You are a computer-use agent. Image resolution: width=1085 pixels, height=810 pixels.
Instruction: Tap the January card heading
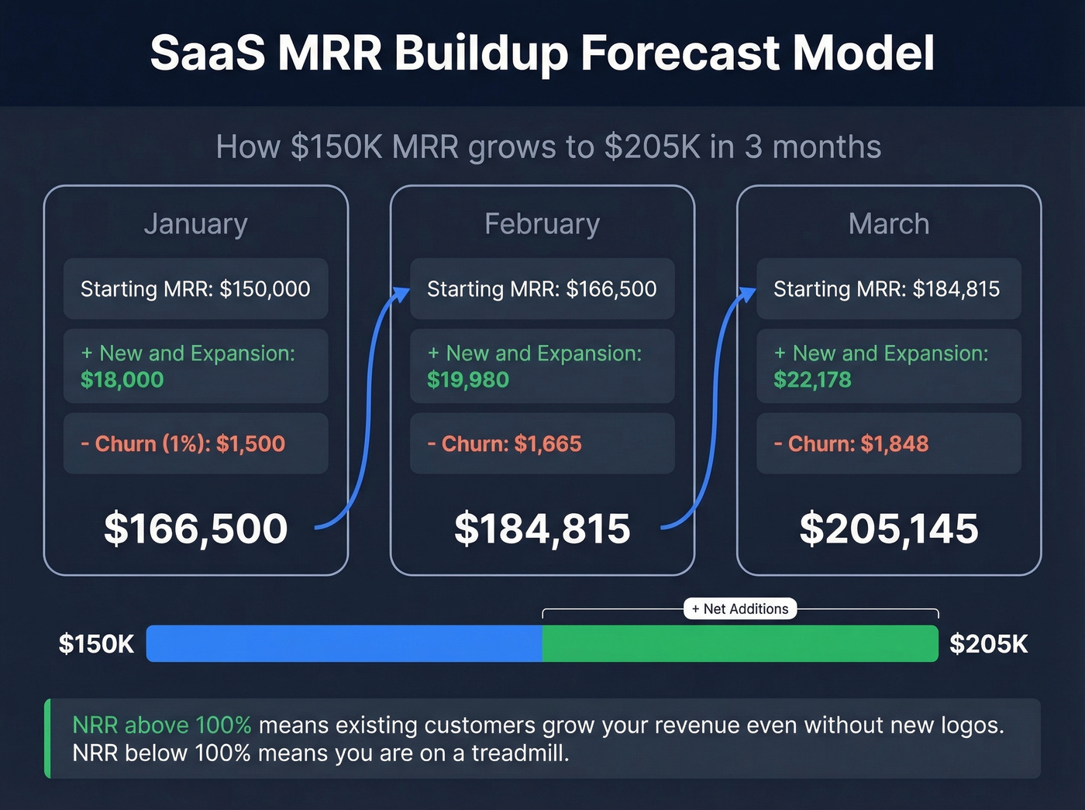195,224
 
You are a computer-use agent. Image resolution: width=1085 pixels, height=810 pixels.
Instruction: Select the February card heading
542,224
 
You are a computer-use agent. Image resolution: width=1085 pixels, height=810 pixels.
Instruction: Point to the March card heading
888,224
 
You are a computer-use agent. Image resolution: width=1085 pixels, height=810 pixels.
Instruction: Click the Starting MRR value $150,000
265,289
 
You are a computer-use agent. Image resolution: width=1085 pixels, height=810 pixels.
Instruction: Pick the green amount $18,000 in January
122,380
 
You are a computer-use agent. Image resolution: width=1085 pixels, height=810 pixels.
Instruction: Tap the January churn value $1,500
250,444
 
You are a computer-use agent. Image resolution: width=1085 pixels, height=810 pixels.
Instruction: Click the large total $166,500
195,529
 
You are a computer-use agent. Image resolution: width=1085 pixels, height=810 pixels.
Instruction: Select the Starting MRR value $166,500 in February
611,289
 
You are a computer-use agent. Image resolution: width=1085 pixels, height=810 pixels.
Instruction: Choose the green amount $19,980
468,380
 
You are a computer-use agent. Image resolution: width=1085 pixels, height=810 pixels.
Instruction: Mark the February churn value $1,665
548,444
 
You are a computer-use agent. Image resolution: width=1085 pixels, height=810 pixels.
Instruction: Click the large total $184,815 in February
542,529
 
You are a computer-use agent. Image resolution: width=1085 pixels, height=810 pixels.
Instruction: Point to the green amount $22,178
812,380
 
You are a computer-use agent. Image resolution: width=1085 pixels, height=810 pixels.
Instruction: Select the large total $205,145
888,529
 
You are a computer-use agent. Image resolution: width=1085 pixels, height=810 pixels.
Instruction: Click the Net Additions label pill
740,609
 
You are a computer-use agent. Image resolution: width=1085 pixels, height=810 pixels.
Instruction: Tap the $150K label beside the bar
96,644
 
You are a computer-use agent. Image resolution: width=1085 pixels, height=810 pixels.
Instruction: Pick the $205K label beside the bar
988,644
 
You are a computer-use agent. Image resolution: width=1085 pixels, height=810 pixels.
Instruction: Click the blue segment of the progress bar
344,644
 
